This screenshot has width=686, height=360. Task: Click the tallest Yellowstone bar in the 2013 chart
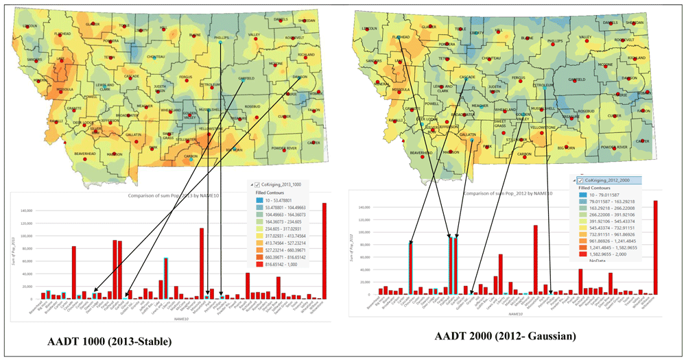(324, 251)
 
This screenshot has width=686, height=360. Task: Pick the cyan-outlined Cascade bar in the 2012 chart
(410, 268)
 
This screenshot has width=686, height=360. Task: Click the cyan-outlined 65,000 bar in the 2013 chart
(166, 278)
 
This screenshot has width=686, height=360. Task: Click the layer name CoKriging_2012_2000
(609, 180)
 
